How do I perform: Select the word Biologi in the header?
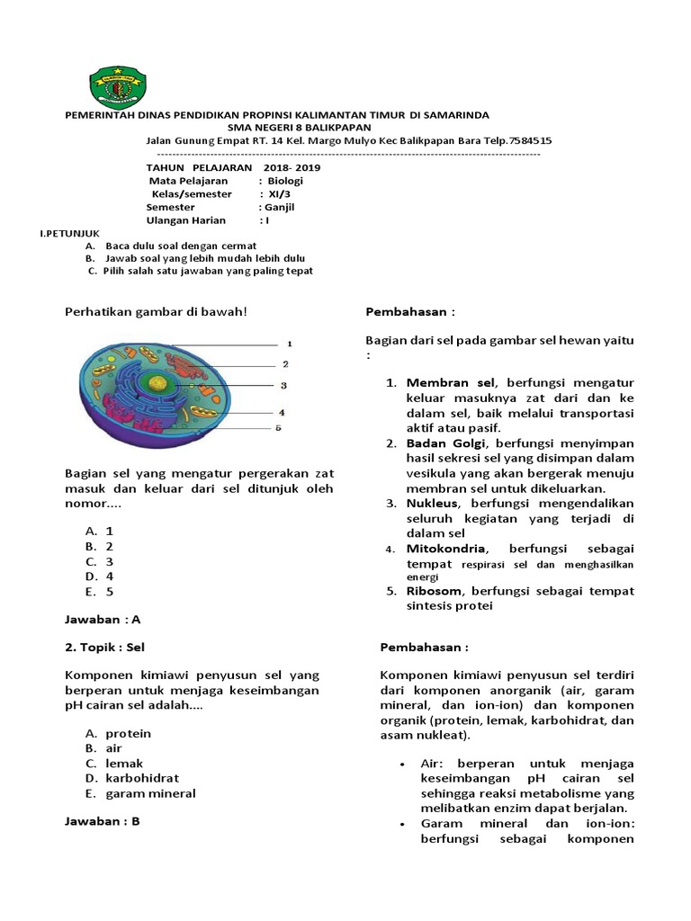pyautogui.click(x=286, y=181)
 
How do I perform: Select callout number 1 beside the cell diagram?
pyautogui.click(x=289, y=344)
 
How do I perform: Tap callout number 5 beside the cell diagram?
pyautogui.click(x=278, y=428)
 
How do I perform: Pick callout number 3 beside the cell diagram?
pyautogui.click(x=283, y=386)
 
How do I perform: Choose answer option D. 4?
pyautogui.click(x=100, y=577)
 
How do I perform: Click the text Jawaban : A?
pyautogui.click(x=103, y=620)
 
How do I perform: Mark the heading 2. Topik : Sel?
pyautogui.click(x=105, y=647)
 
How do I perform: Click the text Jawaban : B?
pyautogui.click(x=103, y=821)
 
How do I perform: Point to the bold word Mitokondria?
pyautogui.click(x=446, y=549)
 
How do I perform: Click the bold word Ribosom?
pyautogui.click(x=435, y=591)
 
